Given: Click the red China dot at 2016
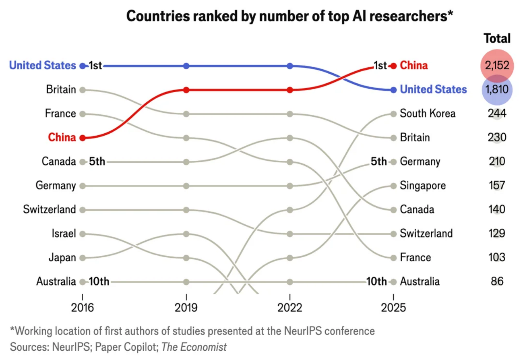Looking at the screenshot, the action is click(83, 138).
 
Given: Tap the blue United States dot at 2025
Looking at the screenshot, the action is click(393, 90).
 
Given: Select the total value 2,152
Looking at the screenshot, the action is click(497, 66).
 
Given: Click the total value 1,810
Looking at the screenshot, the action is click(497, 89).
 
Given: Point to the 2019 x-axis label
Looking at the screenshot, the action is click(186, 308).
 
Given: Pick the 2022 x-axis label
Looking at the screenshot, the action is click(290, 308).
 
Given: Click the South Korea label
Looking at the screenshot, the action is click(428, 114).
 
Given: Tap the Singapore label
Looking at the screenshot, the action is click(423, 186).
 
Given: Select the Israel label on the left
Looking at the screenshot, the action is click(64, 233).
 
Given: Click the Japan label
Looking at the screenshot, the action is click(62, 257).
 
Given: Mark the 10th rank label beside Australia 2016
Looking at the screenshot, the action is click(99, 281).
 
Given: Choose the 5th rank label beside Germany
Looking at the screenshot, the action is click(379, 161).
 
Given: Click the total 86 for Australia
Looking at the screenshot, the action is click(497, 281).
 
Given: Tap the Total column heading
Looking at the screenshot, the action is click(497, 38).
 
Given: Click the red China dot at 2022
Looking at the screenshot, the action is click(290, 90).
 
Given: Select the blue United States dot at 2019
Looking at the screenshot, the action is click(186, 66).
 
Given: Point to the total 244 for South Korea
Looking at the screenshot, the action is click(497, 114).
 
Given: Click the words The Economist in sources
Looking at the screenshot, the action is click(194, 347).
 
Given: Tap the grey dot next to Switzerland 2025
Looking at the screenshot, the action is click(393, 234).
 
